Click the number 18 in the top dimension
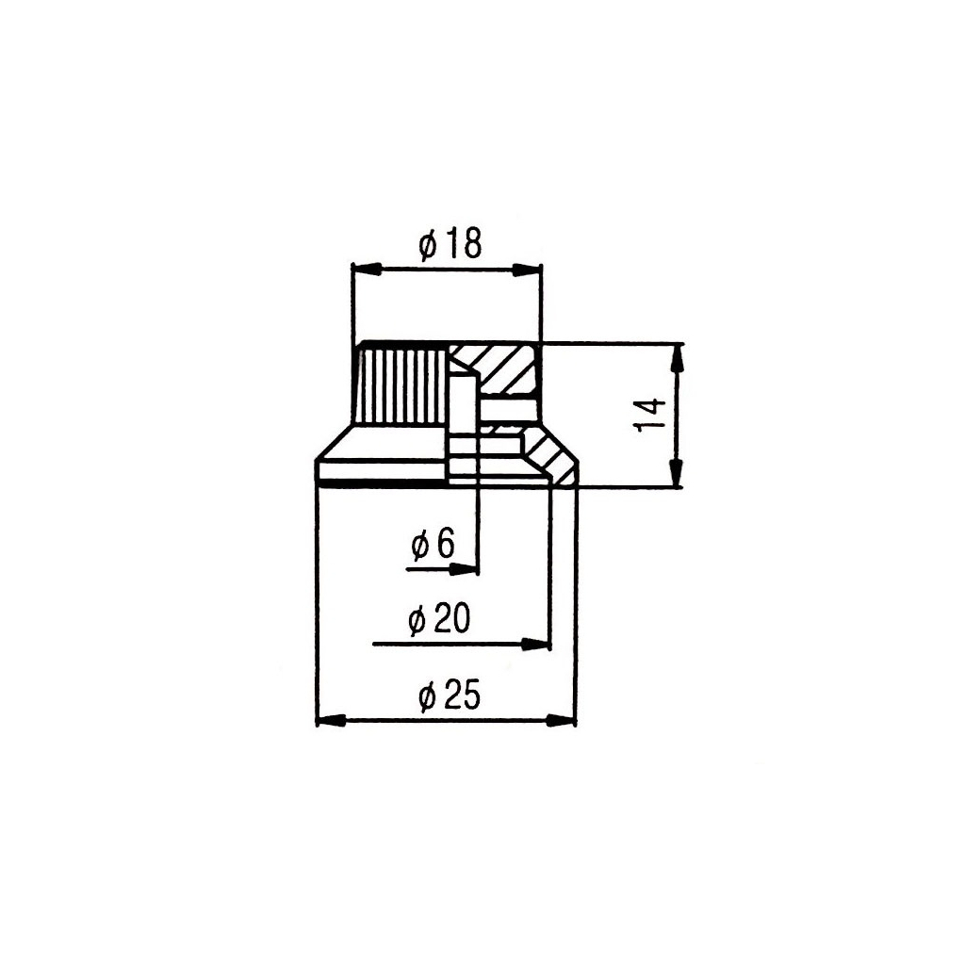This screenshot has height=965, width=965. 463,245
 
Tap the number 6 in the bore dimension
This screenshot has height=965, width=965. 446,544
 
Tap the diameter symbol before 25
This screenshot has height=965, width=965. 425,697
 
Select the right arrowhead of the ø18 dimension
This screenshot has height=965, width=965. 529,270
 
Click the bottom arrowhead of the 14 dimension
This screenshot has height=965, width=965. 678,474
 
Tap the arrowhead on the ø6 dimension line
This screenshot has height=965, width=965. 464,568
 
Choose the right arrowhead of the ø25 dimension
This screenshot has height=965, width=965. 562,721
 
